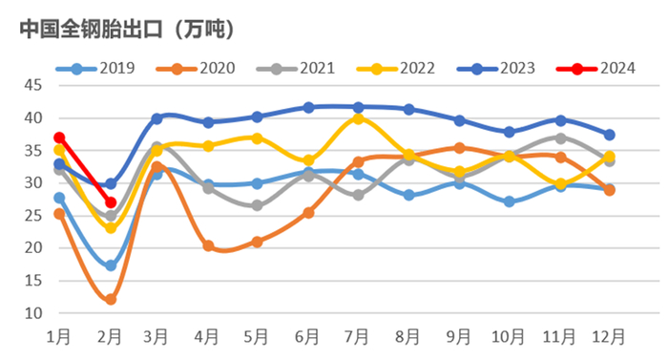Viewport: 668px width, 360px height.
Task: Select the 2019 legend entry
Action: pyautogui.click(x=100, y=68)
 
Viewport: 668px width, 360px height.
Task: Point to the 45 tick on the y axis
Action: pyautogui.click(x=31, y=86)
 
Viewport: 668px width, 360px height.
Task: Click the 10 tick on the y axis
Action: pyautogui.click(x=31, y=313)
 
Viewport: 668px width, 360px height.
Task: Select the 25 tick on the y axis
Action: pyautogui.click(x=31, y=216)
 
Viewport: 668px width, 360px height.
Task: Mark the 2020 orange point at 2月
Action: pyautogui.click(x=111, y=299)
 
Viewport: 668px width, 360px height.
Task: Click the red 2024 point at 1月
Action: pyautogui.click(x=60, y=138)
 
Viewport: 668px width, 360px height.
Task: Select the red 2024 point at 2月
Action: pyautogui.click(x=111, y=202)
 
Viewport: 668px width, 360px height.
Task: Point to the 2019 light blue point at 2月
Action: pyautogui.click(x=111, y=265)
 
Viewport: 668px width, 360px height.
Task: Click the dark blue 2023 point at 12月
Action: pyautogui.click(x=609, y=135)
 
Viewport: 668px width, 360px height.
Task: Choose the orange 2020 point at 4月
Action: pyautogui.click(x=209, y=245)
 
